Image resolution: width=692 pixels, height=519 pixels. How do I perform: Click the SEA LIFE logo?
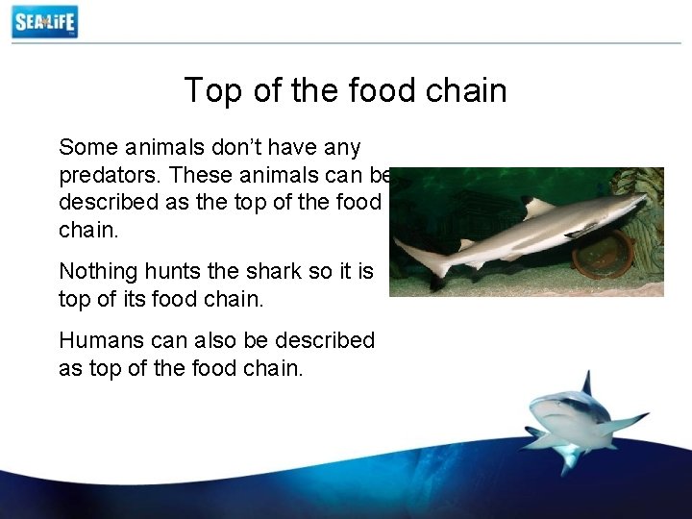point(44,21)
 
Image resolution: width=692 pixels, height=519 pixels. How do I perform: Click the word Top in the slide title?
point(210,90)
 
